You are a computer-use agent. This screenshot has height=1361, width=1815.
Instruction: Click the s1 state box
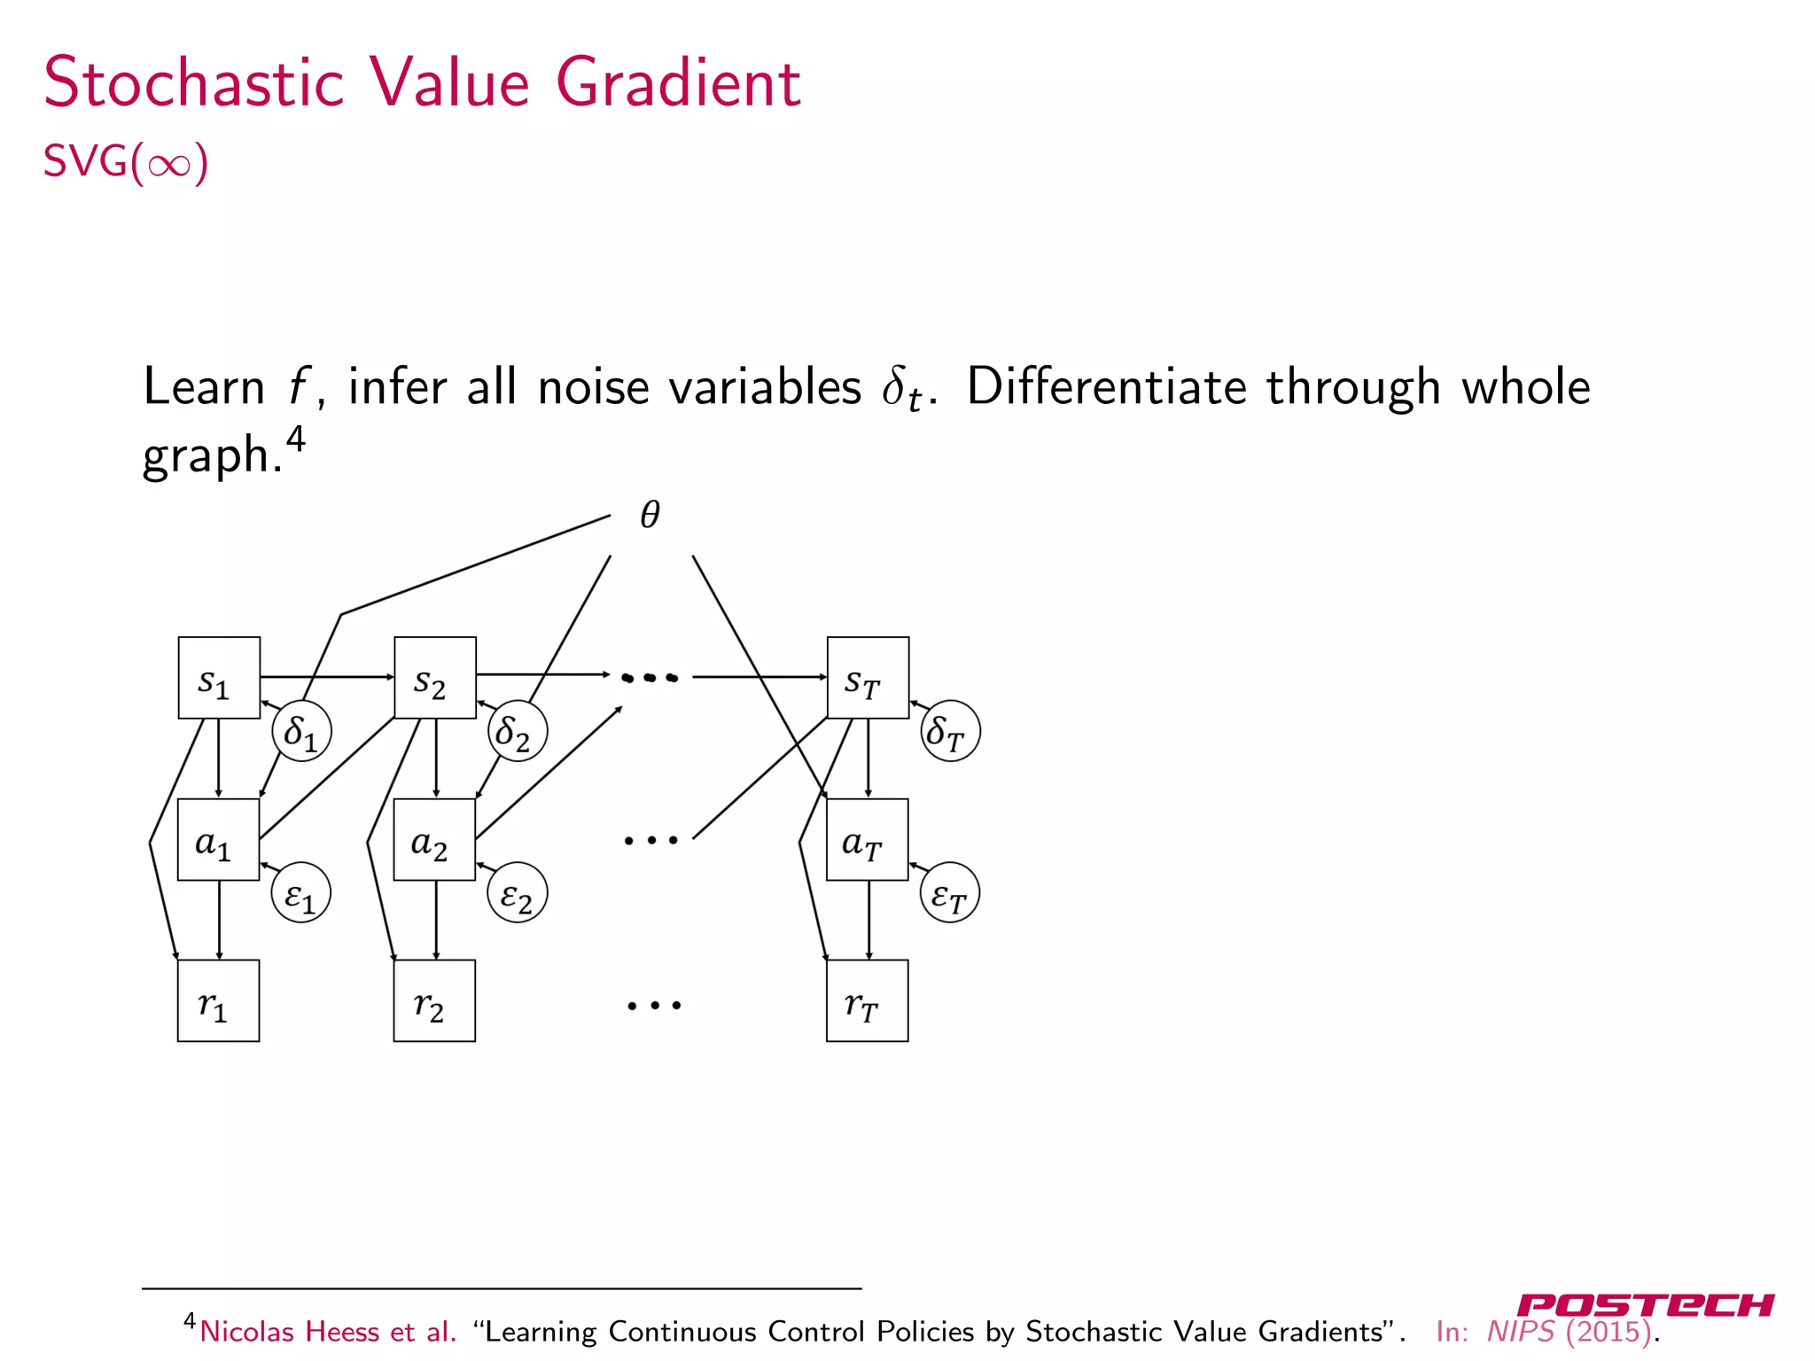coord(219,678)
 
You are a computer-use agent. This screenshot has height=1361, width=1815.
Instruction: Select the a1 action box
coord(218,840)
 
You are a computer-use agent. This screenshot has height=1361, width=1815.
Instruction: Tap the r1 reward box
coord(218,1000)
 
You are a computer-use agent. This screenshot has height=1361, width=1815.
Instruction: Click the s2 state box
coord(435,678)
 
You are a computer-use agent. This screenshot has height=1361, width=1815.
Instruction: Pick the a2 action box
coord(434,840)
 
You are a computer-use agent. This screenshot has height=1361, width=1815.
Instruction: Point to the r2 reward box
coord(434,1000)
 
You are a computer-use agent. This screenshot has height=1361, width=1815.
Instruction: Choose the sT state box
coord(868,678)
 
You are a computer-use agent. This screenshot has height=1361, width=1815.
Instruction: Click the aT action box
coord(867,840)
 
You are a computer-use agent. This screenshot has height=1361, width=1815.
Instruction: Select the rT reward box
coord(867,1000)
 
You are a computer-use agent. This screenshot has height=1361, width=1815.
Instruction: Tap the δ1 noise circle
coord(301,732)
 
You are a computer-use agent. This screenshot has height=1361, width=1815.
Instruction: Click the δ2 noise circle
coord(518,732)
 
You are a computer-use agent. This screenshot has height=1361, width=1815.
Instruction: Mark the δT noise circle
coord(950,732)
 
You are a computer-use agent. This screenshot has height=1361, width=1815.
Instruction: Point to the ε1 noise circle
coord(301,893)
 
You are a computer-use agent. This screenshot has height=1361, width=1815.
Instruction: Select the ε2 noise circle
coord(518,893)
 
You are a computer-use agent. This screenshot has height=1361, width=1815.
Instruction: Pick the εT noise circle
coord(950,893)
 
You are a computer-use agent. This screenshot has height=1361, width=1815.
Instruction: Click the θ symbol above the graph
coord(650,514)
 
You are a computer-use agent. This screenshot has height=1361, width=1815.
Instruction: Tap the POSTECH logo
coord(1645,1305)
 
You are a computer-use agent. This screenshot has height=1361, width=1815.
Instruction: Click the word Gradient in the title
coord(678,82)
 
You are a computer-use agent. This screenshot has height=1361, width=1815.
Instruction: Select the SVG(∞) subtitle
coord(126,162)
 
